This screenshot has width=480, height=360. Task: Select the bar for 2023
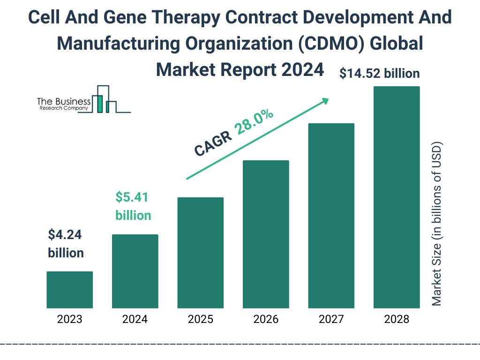tap(69, 290)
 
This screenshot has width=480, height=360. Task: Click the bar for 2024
tap(135, 271)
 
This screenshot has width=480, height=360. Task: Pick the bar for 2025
tap(200, 253)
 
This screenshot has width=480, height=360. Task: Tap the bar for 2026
tap(266, 234)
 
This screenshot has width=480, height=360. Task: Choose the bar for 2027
tap(331, 216)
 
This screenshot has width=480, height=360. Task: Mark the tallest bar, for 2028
tap(397, 197)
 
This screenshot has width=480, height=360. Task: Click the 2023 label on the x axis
tap(69, 320)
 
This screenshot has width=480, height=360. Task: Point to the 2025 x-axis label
tap(200, 320)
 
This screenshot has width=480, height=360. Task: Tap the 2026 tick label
tap(266, 320)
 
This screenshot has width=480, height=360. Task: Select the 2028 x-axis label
tap(397, 320)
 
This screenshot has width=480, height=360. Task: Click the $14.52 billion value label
tap(380, 74)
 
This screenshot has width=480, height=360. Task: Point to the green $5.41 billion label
tap(133, 206)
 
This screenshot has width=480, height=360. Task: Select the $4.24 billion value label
tap(66, 244)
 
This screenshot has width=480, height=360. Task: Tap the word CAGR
tap(213, 143)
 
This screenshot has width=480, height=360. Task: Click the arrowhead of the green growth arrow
tap(324, 101)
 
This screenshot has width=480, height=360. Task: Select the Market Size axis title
tap(437, 223)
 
